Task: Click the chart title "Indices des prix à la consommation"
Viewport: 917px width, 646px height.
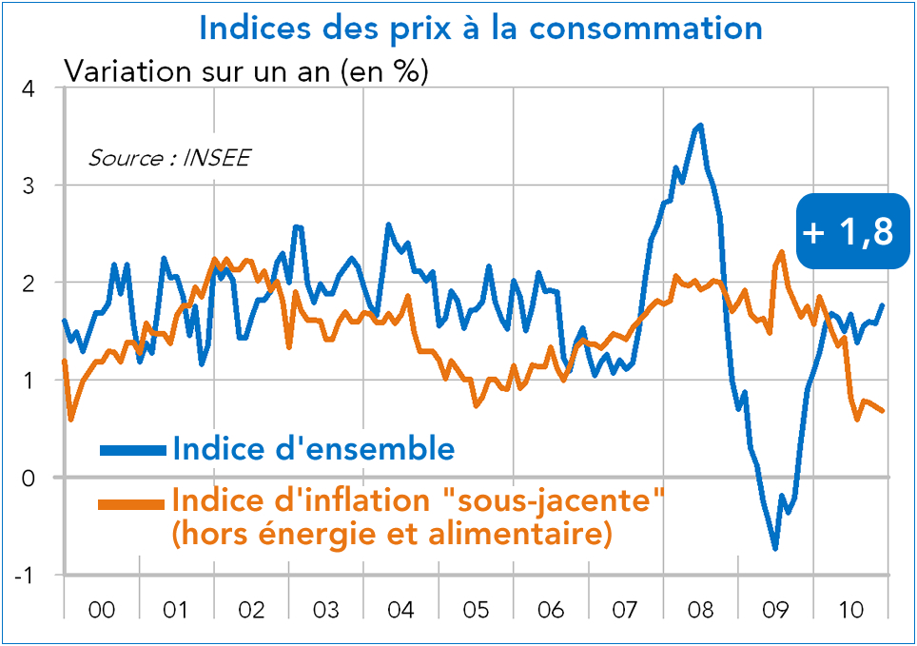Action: point(480,27)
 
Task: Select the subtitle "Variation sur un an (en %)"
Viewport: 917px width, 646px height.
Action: point(245,71)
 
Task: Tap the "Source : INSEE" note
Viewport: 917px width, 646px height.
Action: point(168,158)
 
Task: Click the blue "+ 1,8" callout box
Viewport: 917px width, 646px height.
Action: point(848,231)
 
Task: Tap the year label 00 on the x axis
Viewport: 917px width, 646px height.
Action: point(101,609)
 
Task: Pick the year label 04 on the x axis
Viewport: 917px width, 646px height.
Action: point(400,609)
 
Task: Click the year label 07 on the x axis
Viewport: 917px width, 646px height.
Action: point(625,609)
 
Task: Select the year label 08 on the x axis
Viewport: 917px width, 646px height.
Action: point(700,609)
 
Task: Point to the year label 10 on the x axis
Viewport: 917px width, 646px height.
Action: point(849,609)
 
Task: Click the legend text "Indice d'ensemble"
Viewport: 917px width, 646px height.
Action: point(313,448)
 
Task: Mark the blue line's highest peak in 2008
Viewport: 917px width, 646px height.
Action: point(701,125)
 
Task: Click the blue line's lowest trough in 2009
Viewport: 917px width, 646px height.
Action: point(775,548)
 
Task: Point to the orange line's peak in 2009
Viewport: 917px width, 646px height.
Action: point(781,252)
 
